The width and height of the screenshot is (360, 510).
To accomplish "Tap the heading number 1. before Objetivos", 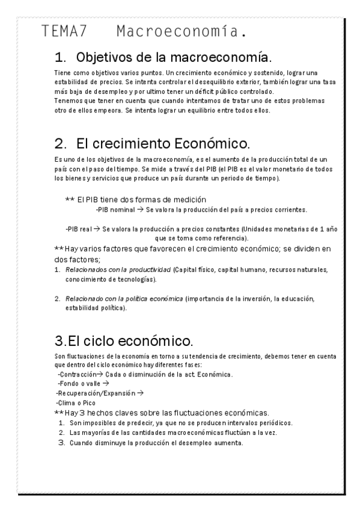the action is click(x=60, y=58).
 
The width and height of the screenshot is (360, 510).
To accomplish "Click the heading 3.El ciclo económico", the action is click(x=123, y=342).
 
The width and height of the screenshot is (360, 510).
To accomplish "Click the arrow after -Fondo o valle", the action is click(x=105, y=382).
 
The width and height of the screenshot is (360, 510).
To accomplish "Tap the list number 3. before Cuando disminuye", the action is click(x=61, y=443).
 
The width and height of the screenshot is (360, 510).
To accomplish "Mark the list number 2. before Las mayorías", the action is click(x=61, y=432).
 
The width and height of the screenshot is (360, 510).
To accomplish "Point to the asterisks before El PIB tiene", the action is click(x=69, y=199).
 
